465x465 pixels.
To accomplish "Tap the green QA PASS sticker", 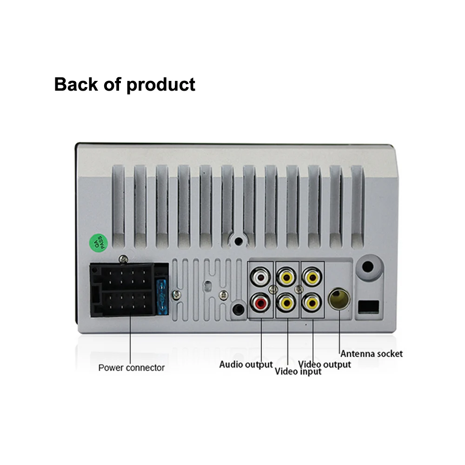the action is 99,242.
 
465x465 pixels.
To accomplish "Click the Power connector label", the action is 131,368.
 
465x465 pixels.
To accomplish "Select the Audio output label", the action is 246,365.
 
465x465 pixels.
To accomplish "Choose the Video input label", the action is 298,372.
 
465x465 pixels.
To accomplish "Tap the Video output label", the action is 325,364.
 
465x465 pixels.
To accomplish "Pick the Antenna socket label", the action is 372,354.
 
